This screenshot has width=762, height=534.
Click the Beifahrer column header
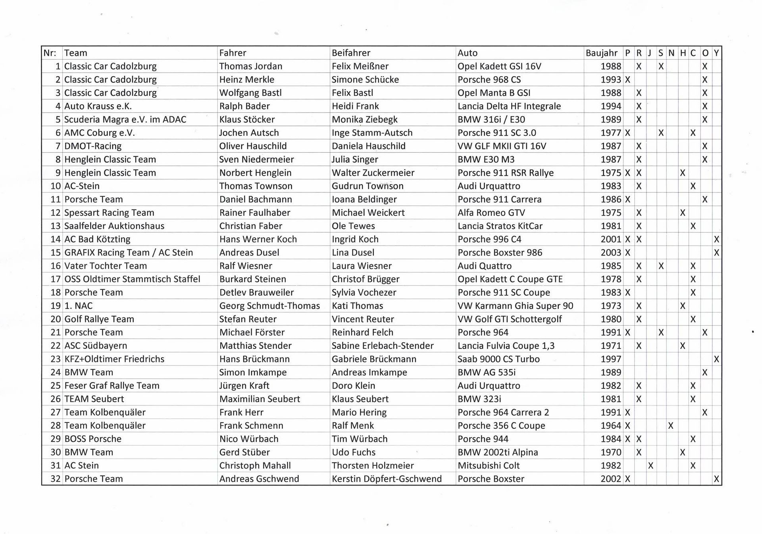click(x=351, y=53)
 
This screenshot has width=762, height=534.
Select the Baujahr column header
click(x=601, y=53)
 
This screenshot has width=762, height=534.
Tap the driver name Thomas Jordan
click(x=250, y=66)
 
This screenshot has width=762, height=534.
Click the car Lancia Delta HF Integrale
click(x=509, y=106)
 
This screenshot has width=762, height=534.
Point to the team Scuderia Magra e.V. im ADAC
click(x=125, y=119)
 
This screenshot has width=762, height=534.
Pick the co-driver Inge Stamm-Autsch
click(x=372, y=133)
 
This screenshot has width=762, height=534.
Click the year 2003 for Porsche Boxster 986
click(x=610, y=253)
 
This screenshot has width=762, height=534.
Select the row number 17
click(x=56, y=279)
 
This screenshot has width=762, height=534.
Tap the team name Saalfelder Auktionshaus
click(x=114, y=226)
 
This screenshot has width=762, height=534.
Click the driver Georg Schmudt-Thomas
click(x=269, y=306)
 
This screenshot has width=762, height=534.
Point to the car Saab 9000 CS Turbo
click(x=498, y=359)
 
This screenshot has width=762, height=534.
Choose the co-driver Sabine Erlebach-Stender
click(x=382, y=346)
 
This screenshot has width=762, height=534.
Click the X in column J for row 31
click(x=650, y=465)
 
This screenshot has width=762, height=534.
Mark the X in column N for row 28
click(x=671, y=426)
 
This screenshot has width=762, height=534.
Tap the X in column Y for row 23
click(x=716, y=359)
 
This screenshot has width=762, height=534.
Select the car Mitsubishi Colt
click(x=488, y=465)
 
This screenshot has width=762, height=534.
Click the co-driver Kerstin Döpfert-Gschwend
click(x=386, y=479)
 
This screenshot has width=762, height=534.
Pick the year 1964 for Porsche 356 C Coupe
click(x=610, y=426)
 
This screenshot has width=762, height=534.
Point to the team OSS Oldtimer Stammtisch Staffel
click(x=132, y=279)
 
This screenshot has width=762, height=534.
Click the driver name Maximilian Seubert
click(x=259, y=399)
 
